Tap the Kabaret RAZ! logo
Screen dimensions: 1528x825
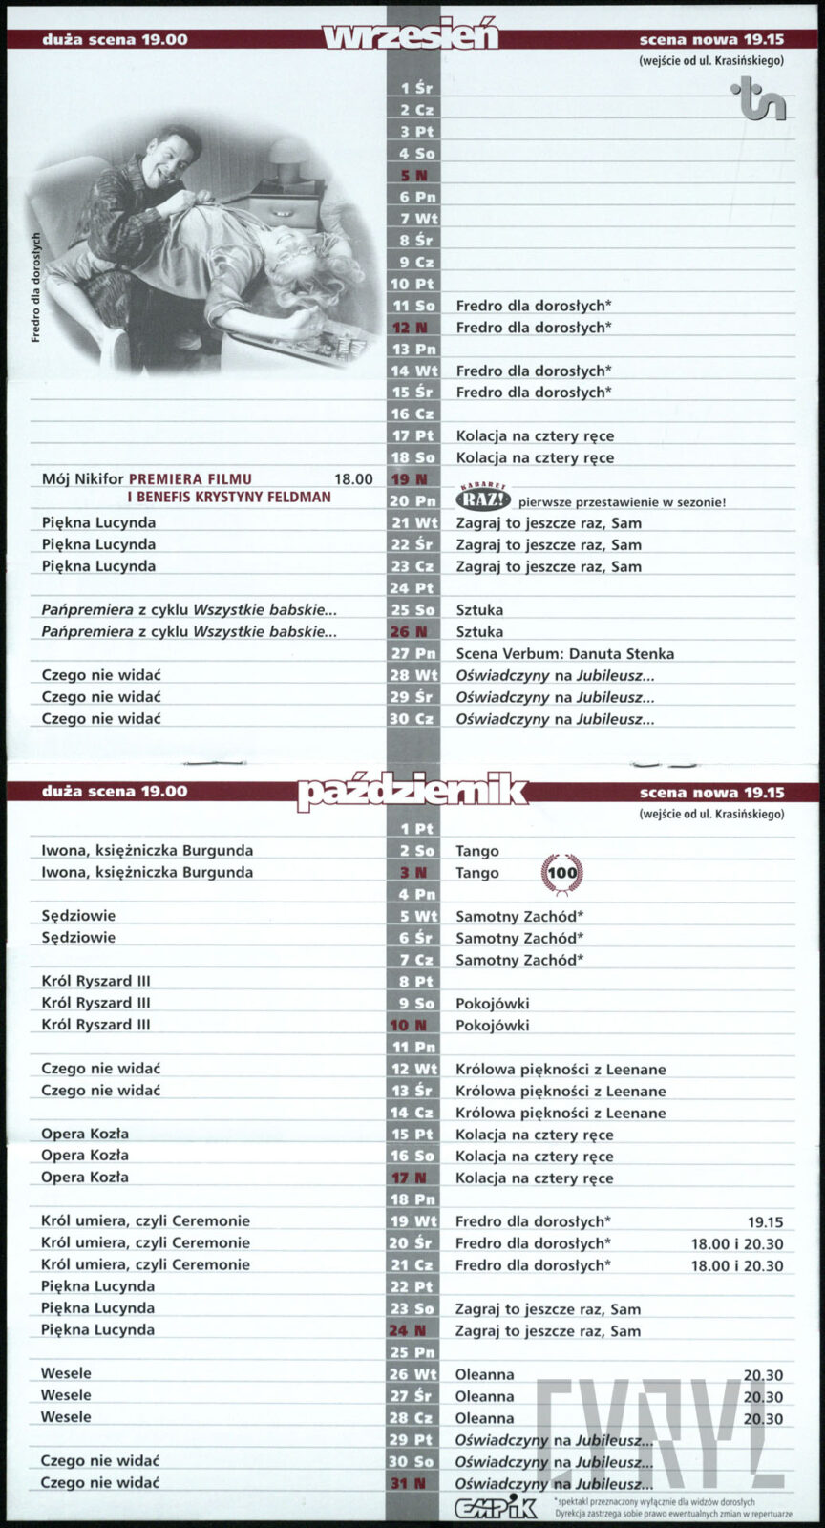pos(485,499)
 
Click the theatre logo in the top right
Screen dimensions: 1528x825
pos(759,100)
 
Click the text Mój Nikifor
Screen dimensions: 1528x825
pos(83,479)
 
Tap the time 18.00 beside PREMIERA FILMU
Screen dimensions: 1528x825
pos(353,479)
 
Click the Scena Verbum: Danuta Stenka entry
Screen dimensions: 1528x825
pos(564,654)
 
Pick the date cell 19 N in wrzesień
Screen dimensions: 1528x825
pos(412,479)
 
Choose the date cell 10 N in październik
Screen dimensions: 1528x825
pos(412,1026)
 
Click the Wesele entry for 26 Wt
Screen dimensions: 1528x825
pos(66,1374)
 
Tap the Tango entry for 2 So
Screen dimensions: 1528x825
pos(477,851)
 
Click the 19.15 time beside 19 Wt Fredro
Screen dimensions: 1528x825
pos(765,1222)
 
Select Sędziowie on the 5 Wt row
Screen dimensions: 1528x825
pos(78,916)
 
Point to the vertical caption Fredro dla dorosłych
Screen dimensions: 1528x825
pos(36,286)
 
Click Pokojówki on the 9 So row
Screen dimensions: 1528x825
pos(492,1004)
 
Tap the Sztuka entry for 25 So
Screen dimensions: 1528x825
pos(479,610)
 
